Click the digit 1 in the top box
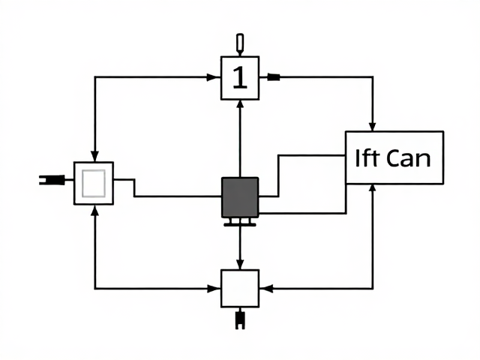coord(240,78)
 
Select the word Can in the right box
coord(408,158)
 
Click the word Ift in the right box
coord(367,157)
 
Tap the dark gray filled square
coord(240,197)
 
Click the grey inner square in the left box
coord(94,184)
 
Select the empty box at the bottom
coord(240,288)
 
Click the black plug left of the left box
coord(52,180)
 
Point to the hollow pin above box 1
coord(240,43)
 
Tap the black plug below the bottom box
coord(240,320)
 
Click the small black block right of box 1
coord(274,77)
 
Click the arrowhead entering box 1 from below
coord(240,104)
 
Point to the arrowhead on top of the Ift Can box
coord(372,127)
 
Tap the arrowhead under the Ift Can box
coord(372,188)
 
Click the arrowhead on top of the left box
coord(95,157)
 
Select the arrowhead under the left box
coord(95,210)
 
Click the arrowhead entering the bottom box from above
coord(240,265)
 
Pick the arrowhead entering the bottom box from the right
coord(266,288)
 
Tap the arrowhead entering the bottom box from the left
coord(213,288)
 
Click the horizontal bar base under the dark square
coord(240,225)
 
